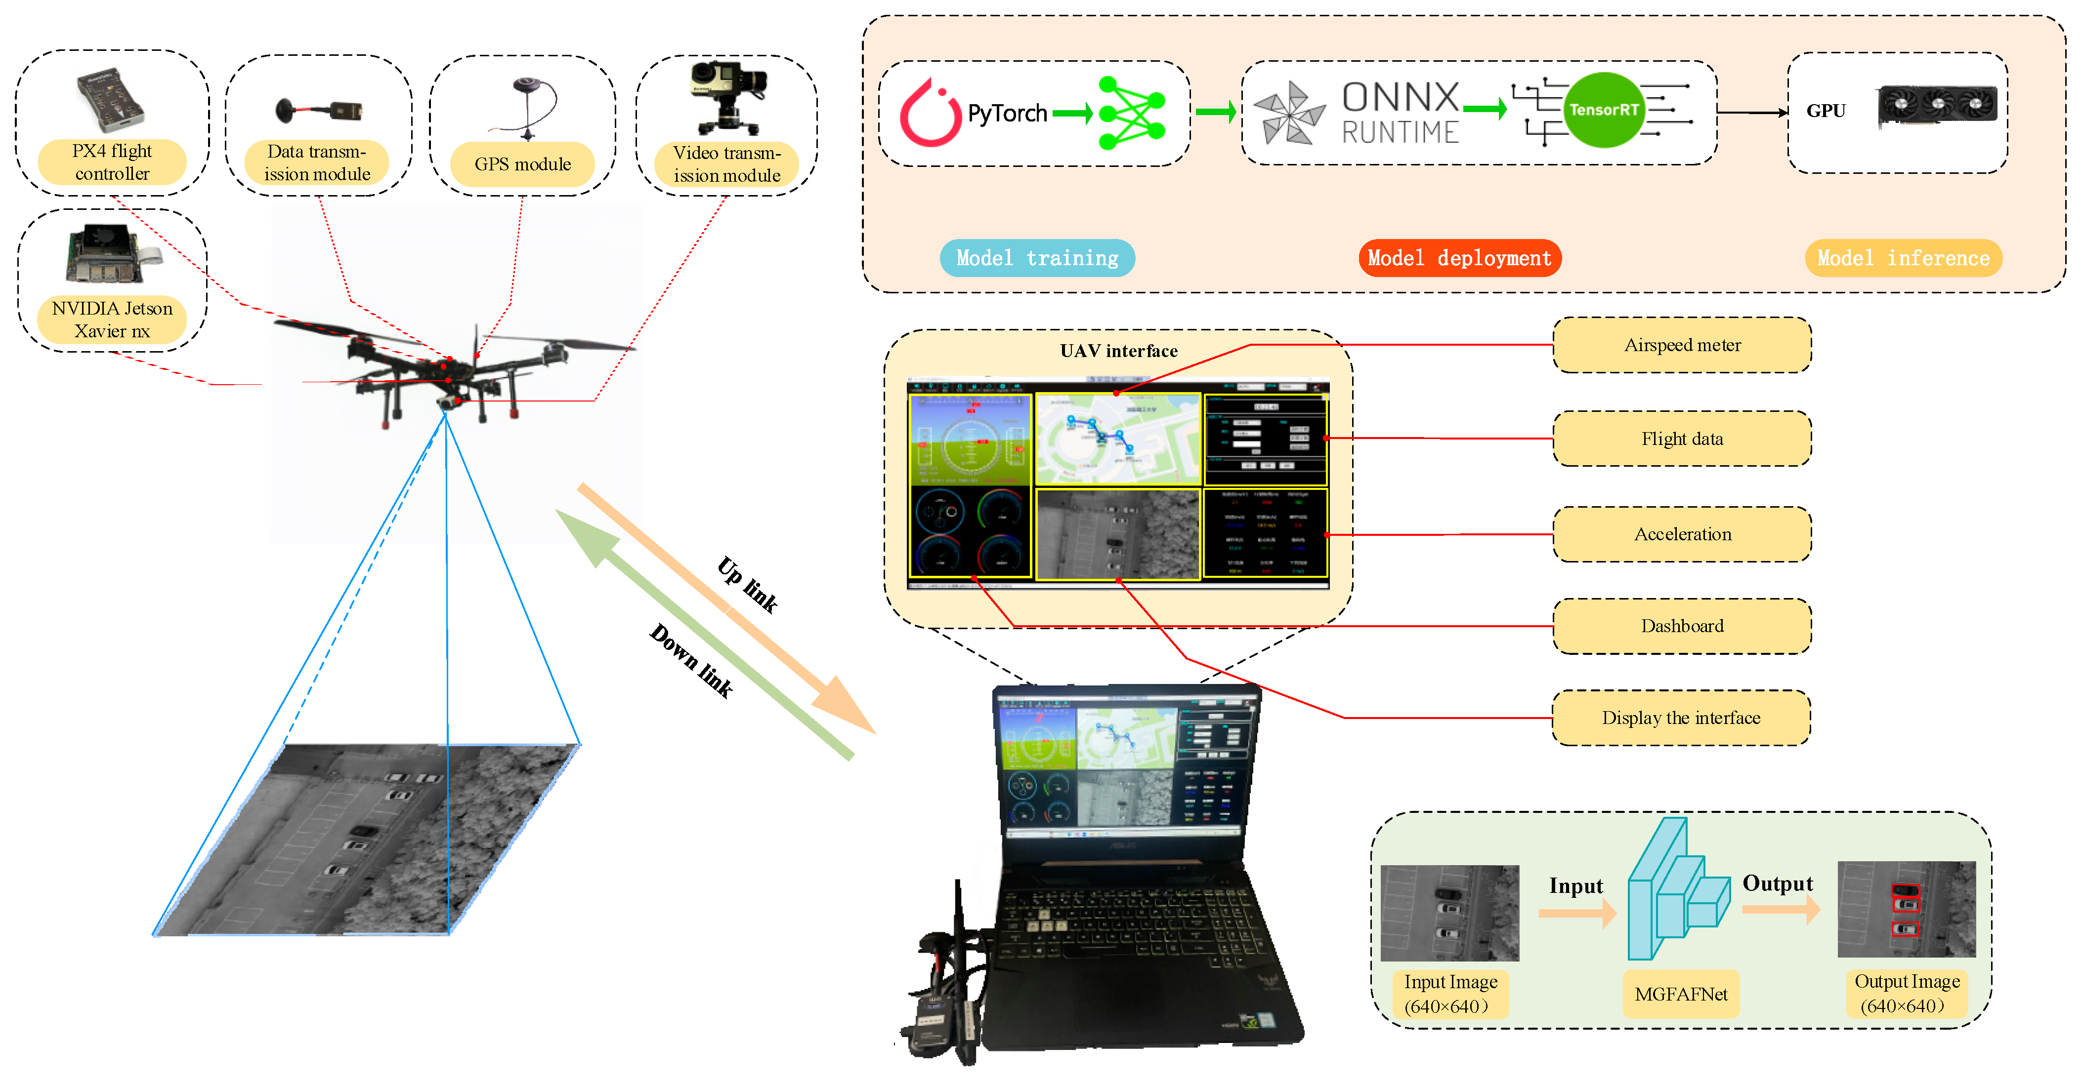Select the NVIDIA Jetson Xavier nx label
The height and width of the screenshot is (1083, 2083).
[112, 319]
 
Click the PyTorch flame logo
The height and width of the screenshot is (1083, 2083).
[930, 113]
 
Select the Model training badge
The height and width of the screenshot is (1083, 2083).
[1037, 258]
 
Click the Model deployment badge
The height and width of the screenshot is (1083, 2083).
[1459, 258]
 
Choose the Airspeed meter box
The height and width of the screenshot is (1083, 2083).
[1682, 345]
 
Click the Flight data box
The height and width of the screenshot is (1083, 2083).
[1682, 439]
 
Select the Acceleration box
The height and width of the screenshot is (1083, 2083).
[1682, 534]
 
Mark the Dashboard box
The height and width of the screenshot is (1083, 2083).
[1682, 626]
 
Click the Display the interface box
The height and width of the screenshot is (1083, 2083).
[1681, 718]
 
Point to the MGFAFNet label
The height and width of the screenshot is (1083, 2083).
[1681, 994]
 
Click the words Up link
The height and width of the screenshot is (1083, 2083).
[747, 584]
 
